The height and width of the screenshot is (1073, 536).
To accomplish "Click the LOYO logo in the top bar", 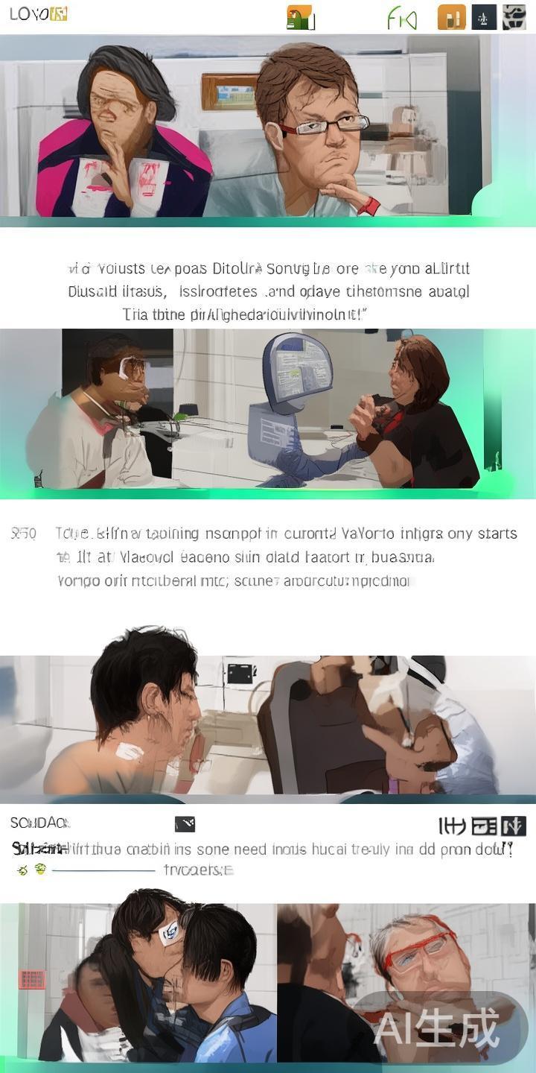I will click(x=38, y=14).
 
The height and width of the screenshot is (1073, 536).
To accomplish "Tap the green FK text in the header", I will click(x=402, y=17).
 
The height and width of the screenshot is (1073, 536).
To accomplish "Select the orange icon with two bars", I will click(x=451, y=17).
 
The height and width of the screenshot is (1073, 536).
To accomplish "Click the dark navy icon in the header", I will click(x=484, y=17).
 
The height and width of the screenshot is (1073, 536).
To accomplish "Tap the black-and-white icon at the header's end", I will click(x=514, y=17).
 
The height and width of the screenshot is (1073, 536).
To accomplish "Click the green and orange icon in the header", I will click(x=300, y=17).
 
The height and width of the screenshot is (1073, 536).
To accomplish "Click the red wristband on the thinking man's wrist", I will click(x=368, y=205).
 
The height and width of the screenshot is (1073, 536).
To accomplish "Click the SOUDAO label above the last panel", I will click(x=39, y=823).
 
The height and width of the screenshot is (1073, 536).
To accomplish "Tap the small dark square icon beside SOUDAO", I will click(x=185, y=823).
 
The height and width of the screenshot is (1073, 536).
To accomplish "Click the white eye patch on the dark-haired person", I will click(x=169, y=931).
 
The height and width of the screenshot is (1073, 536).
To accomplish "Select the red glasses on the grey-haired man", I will click(x=417, y=955).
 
